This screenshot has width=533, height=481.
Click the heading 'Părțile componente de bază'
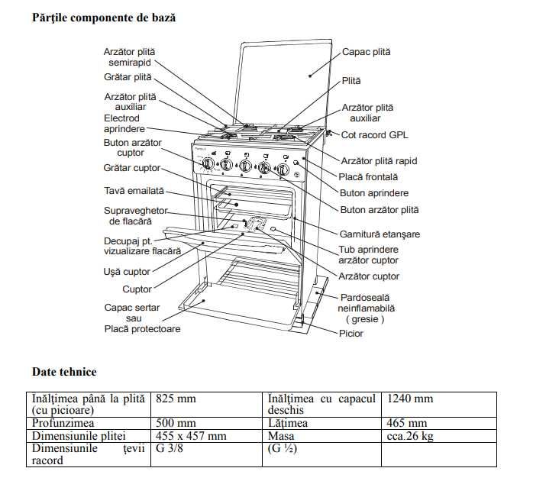[104, 16]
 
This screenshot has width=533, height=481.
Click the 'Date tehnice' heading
[64, 372]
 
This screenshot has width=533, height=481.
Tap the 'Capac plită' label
[366, 52]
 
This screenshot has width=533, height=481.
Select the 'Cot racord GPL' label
[374, 135]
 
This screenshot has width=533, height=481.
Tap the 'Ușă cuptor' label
[127, 271]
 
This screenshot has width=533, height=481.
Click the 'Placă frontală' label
[368, 176]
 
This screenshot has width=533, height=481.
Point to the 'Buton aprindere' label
[374, 193]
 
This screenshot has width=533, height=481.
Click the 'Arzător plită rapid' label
[380, 160]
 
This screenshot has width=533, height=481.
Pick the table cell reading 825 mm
[176, 399]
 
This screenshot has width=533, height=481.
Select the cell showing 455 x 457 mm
[191, 436]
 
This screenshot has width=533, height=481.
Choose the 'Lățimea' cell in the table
[288, 423]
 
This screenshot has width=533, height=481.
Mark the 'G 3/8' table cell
[170, 449]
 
